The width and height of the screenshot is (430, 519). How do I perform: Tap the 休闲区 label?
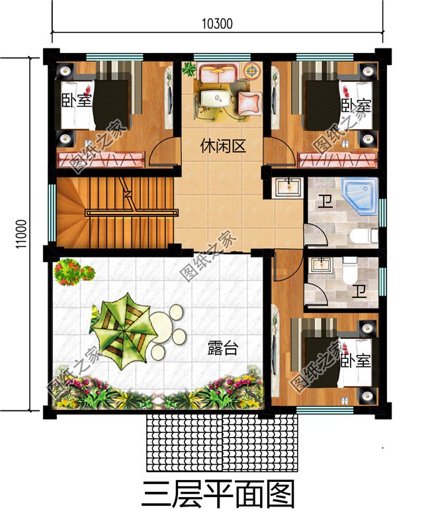223,147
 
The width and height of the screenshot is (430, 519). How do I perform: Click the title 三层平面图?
218,493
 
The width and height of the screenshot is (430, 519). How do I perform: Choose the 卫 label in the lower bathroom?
359,291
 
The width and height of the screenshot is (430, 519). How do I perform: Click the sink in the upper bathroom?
286,187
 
